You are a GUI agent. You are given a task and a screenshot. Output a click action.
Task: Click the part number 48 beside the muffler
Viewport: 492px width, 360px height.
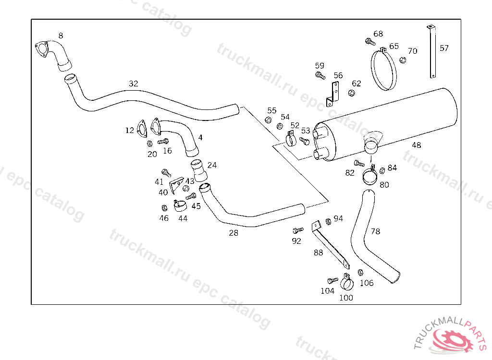point(417,145)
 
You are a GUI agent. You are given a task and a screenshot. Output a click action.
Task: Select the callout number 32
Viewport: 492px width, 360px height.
point(134,84)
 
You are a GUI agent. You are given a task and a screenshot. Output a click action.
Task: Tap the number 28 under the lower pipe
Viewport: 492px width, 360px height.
point(234,233)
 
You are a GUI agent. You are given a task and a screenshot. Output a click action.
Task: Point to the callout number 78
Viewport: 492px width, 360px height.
point(375,231)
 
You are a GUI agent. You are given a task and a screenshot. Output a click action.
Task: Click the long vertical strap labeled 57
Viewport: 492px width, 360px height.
point(432,52)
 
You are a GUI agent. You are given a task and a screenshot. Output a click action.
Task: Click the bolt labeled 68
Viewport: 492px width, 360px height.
point(370,41)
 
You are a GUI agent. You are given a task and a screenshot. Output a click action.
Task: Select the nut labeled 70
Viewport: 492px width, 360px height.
point(403,60)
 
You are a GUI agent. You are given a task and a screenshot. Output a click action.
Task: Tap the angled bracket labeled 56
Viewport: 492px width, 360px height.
point(333,94)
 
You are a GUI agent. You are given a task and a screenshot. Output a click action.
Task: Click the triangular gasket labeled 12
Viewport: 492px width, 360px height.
point(142,129)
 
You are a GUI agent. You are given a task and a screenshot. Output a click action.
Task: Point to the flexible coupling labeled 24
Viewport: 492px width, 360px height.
point(198,170)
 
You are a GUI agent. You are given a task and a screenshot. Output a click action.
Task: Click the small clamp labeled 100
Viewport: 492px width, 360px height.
point(347,282)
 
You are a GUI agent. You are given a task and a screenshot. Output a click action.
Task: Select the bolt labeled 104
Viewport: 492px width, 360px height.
point(333,280)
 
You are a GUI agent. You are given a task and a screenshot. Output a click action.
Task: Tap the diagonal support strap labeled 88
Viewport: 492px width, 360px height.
point(331,245)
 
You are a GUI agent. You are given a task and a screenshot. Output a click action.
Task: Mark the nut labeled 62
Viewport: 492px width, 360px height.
point(351,93)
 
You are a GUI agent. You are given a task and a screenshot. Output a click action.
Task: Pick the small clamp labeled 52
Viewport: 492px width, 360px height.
point(291,139)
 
